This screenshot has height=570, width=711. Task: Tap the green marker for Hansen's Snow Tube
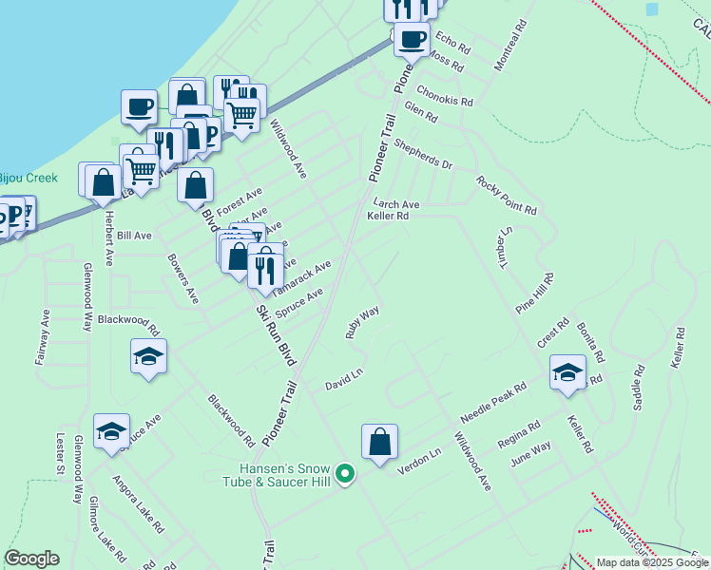pos(346,472)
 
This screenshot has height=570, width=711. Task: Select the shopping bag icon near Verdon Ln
pos(379,442)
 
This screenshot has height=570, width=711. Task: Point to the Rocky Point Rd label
pos(507,196)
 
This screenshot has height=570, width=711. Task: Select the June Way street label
pos(530,452)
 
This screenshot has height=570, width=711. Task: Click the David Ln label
pos(344,380)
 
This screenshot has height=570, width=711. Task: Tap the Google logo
pos(31,559)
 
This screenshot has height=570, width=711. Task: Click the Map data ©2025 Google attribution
pos(652,562)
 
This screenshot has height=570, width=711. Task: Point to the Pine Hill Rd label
pos(534,294)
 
